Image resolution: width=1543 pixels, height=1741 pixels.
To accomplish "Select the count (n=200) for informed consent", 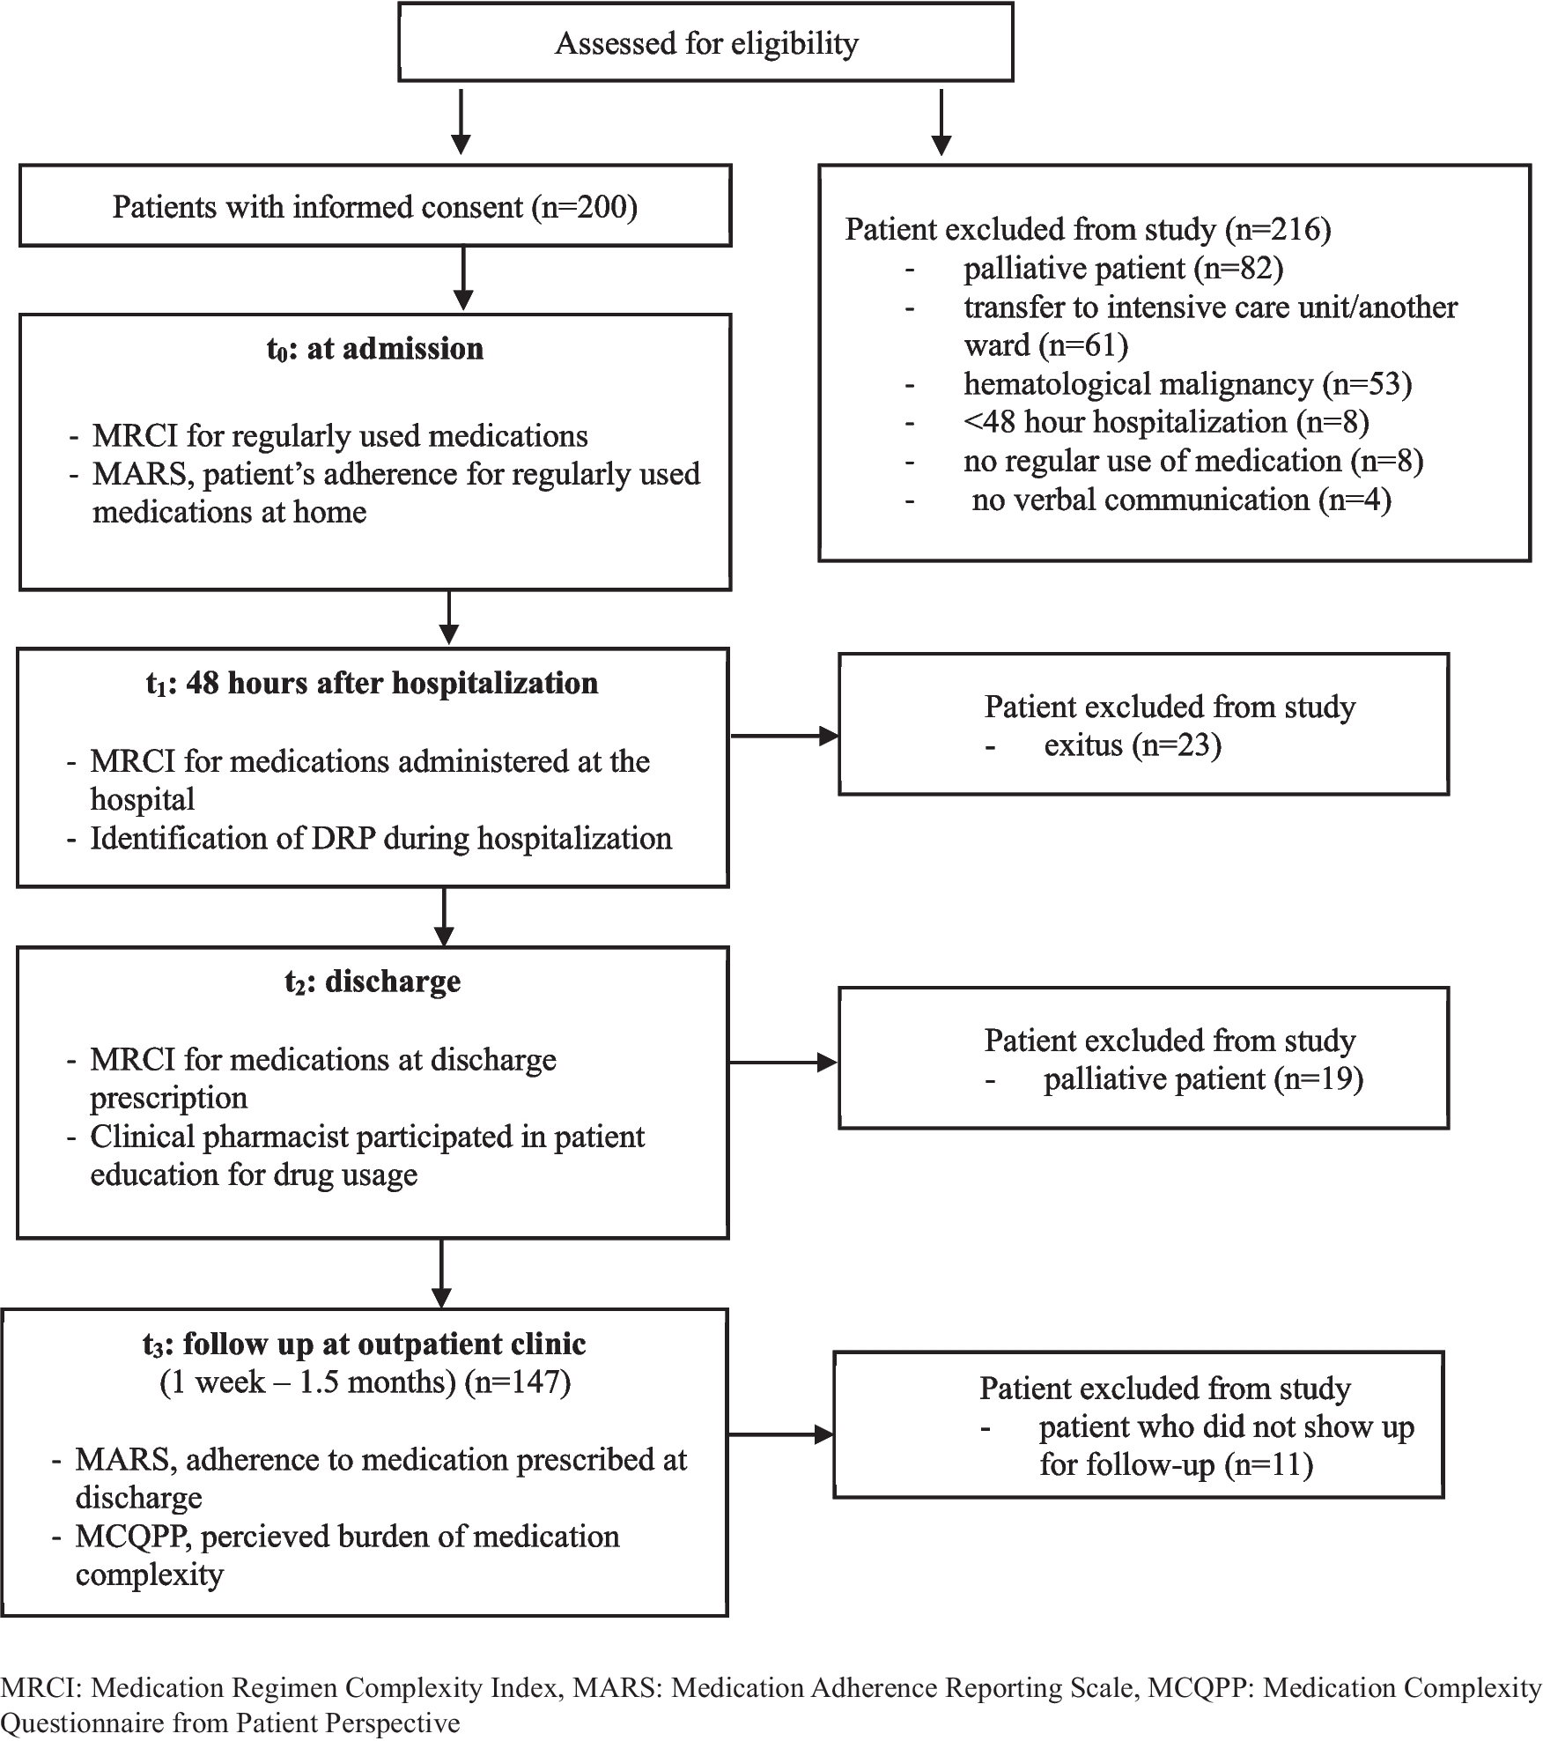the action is click(585, 207).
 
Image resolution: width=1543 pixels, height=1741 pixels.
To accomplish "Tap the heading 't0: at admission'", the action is click(375, 349).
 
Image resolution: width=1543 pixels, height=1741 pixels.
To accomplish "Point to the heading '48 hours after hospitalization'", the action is click(392, 683).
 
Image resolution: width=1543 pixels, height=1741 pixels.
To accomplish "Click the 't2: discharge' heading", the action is click(373, 982).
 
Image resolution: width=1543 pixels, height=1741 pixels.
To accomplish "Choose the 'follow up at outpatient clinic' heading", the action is click(385, 1344).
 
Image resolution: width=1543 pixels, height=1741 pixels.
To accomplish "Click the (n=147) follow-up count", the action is click(518, 1382).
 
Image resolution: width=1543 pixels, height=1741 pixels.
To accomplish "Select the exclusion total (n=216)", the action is click(1278, 230).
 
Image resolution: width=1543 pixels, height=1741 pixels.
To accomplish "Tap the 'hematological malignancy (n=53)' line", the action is click(1188, 384).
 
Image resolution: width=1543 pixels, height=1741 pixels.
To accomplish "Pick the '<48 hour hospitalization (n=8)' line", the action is click(1167, 423).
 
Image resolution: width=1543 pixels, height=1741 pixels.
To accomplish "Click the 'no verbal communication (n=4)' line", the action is click(1182, 500).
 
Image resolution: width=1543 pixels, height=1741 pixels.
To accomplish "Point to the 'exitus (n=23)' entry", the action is click(1133, 745).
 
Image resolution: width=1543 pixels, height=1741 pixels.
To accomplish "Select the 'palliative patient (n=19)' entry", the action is click(1204, 1079).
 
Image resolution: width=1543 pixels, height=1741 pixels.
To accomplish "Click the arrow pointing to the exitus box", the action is click(785, 736).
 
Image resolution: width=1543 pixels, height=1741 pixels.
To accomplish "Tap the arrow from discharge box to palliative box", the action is click(784, 1063).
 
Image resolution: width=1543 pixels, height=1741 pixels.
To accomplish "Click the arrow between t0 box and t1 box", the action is click(449, 618).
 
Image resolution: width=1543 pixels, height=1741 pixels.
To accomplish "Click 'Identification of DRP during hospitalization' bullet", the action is click(381, 839).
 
